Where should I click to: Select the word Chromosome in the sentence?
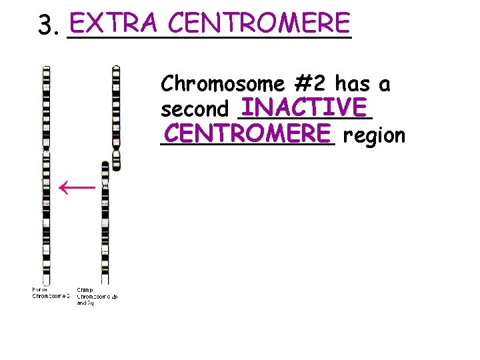223,84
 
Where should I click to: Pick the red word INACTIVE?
305,107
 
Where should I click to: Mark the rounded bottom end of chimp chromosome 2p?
116,166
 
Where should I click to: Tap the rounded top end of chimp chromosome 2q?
105,164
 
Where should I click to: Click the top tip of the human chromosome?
46,68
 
